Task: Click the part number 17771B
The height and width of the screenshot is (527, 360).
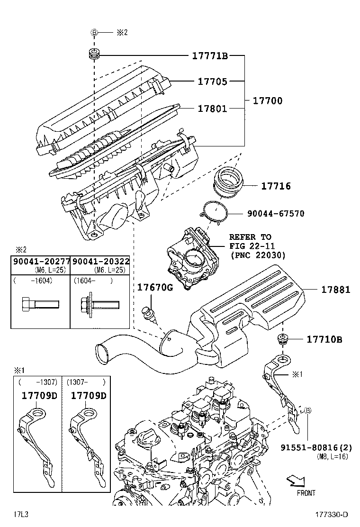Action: pos(210,56)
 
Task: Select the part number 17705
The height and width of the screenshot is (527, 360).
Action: pos(212,82)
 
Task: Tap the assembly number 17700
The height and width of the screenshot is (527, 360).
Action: pos(267,100)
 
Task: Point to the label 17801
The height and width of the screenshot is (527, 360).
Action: pos(212,109)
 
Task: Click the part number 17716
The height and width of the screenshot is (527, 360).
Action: pos(276,186)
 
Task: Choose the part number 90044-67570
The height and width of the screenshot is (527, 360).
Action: pos(275,214)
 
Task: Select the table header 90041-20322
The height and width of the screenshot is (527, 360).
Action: pos(100,262)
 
